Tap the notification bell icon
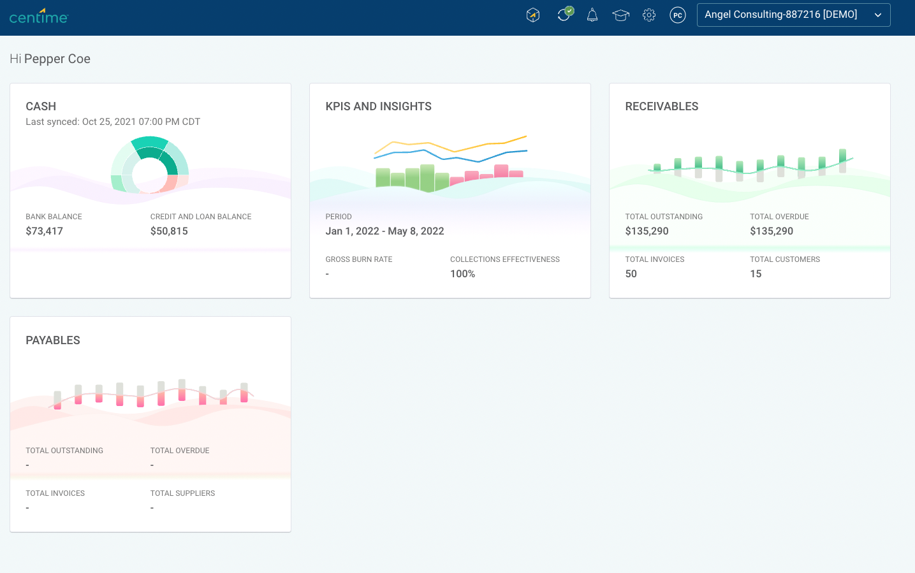(592, 15)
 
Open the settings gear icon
(649, 15)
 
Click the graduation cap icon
(620, 15)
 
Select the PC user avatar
(678, 15)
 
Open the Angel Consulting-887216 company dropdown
(793, 15)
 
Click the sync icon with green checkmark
(564, 15)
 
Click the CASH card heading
(41, 106)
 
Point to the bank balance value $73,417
(45, 231)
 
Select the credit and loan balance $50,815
(169, 231)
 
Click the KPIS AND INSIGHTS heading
(378, 106)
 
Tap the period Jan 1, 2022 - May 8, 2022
(384, 231)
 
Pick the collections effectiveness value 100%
(462, 274)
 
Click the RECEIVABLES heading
(661, 106)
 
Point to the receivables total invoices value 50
(631, 274)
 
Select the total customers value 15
(756, 274)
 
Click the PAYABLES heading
(53, 340)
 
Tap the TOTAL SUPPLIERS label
(182, 493)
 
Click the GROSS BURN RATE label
(359, 259)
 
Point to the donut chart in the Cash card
(150, 165)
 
